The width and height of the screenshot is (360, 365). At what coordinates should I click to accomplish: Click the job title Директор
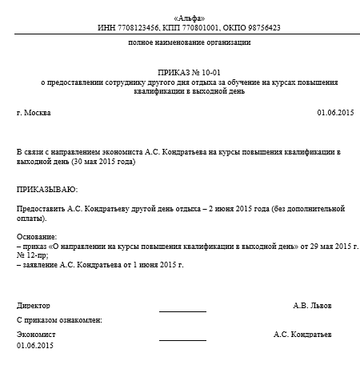click(x=33, y=306)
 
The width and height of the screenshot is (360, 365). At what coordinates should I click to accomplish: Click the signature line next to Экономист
click(x=182, y=339)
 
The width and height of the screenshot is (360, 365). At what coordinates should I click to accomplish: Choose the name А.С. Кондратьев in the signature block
click(x=302, y=334)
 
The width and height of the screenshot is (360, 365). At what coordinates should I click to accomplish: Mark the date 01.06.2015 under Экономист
click(x=34, y=345)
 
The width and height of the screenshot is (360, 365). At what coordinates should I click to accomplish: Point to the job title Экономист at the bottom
click(x=36, y=334)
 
